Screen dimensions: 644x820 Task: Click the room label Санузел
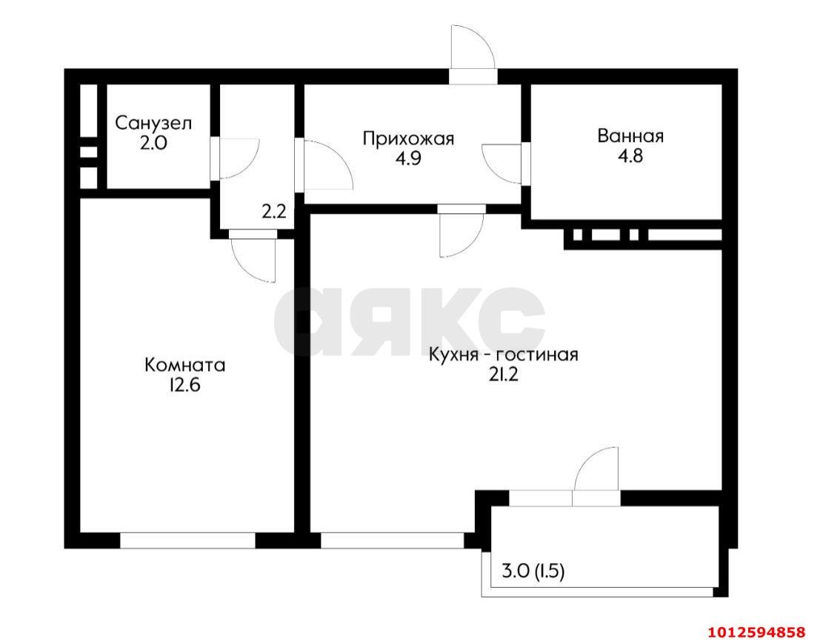(x=153, y=123)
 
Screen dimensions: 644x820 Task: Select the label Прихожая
(x=407, y=138)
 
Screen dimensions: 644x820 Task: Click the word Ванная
(x=630, y=136)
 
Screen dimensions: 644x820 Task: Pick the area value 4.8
(x=630, y=156)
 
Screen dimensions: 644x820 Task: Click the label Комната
(x=185, y=365)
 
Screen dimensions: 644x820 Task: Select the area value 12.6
(x=185, y=385)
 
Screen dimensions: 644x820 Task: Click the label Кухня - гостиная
(x=503, y=355)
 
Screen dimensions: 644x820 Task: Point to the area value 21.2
(x=503, y=375)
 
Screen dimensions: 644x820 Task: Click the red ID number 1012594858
(x=756, y=632)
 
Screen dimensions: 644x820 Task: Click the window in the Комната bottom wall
(x=187, y=540)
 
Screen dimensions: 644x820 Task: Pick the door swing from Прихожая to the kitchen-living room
(x=459, y=235)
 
